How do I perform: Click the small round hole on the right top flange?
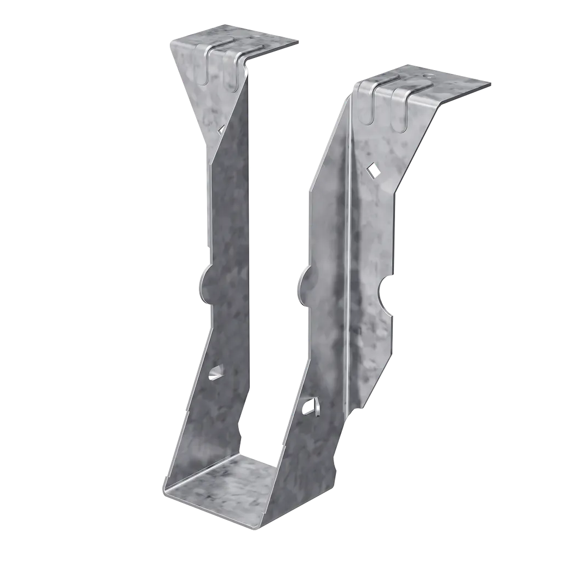coord(427,76)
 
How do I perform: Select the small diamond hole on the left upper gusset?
coord(220,129)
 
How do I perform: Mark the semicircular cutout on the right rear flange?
coord(385,299)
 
